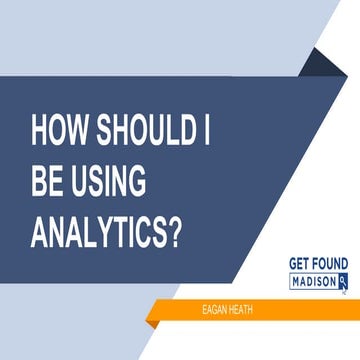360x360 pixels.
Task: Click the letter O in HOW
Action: tap(59, 133)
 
